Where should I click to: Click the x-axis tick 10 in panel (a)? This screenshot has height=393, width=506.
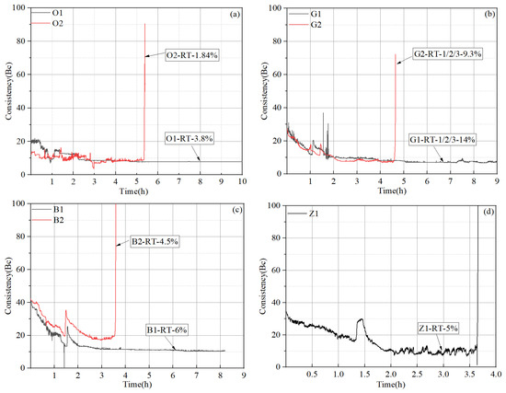pos(242,180)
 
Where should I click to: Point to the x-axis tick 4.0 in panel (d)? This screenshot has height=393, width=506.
pos(495,376)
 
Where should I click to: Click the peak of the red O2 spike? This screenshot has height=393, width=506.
pos(144,24)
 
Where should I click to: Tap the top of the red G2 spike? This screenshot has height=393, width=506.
pos(397,54)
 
